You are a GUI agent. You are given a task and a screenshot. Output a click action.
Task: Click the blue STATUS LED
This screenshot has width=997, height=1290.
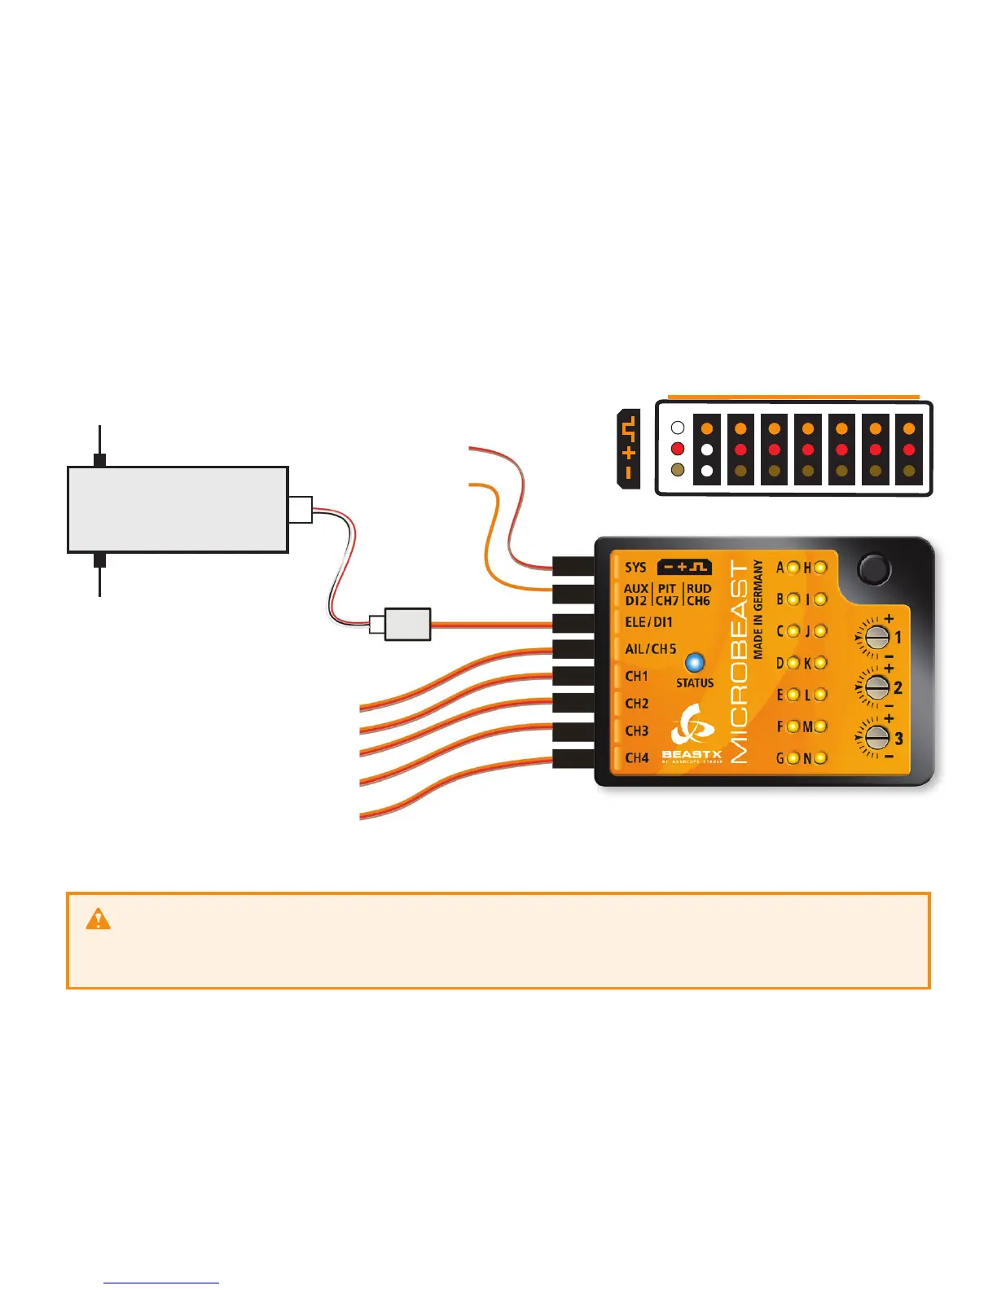point(694,662)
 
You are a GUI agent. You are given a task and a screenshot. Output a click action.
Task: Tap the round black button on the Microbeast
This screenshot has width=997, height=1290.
point(873,568)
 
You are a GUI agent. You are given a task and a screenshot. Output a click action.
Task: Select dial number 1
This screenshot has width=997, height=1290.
point(876,637)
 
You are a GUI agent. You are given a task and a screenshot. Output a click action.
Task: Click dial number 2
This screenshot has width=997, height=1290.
point(876,687)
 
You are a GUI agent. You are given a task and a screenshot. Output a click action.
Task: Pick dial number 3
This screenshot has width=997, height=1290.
point(876,738)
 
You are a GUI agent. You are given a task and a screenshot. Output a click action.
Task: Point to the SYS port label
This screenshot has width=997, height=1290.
point(635,568)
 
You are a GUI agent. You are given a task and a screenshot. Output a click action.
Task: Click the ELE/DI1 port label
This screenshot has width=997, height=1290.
point(648,622)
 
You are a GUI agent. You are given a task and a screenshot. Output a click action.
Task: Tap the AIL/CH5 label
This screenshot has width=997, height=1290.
point(650,649)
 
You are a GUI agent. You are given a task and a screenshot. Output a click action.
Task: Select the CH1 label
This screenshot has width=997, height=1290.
point(636,676)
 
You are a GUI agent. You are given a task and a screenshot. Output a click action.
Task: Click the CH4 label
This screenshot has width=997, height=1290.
point(636,758)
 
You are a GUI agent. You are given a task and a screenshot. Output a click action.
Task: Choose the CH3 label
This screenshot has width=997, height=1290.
point(636,731)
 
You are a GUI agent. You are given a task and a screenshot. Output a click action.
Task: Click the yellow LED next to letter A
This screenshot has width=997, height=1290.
point(793,568)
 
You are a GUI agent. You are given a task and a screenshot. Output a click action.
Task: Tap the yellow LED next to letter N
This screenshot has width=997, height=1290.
point(820,758)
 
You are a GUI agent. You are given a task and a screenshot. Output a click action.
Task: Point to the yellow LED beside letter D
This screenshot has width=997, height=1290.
point(793,663)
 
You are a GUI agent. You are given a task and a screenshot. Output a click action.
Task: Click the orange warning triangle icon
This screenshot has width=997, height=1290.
point(98,919)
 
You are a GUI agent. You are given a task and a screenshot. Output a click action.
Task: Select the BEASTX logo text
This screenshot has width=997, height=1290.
point(692,755)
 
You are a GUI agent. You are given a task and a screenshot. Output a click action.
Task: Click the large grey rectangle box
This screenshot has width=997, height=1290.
point(178,510)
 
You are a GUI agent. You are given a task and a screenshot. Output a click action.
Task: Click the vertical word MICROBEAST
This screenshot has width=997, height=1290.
point(739,661)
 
